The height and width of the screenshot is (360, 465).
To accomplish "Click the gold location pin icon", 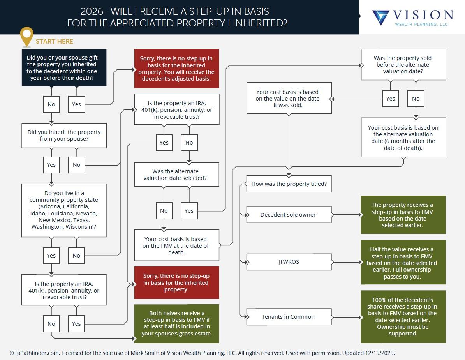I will tap(26, 36).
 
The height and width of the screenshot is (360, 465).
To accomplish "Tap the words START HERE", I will tap(54, 41).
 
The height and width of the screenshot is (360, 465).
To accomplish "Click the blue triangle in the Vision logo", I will tap(380, 18).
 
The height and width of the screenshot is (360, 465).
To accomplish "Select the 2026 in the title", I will tap(92, 12).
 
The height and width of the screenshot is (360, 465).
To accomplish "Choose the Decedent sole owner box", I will tap(289, 215).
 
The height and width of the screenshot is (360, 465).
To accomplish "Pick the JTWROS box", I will tap(289, 262).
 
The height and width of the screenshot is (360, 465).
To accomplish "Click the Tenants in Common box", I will tap(289, 317).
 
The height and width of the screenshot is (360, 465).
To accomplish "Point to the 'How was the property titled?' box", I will tap(289, 184).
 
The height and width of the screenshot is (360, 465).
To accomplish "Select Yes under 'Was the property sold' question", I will tap(391, 99).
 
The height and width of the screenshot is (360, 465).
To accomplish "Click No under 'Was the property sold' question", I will tap(416, 99).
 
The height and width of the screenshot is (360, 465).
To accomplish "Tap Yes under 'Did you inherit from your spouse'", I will tap(51, 165).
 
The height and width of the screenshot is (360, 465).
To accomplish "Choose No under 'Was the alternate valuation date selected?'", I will tap(164, 211).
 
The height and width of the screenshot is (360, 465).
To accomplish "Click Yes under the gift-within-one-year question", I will tap(76, 104).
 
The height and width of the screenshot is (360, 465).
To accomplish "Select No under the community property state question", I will tap(76, 256).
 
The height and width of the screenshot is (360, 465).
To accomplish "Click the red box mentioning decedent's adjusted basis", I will tap(177, 69).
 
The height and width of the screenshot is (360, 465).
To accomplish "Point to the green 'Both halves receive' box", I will tap(177, 323).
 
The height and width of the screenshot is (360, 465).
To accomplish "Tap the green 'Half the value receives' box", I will tap(403, 263).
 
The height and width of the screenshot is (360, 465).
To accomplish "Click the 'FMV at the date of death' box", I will tap(177, 245).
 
